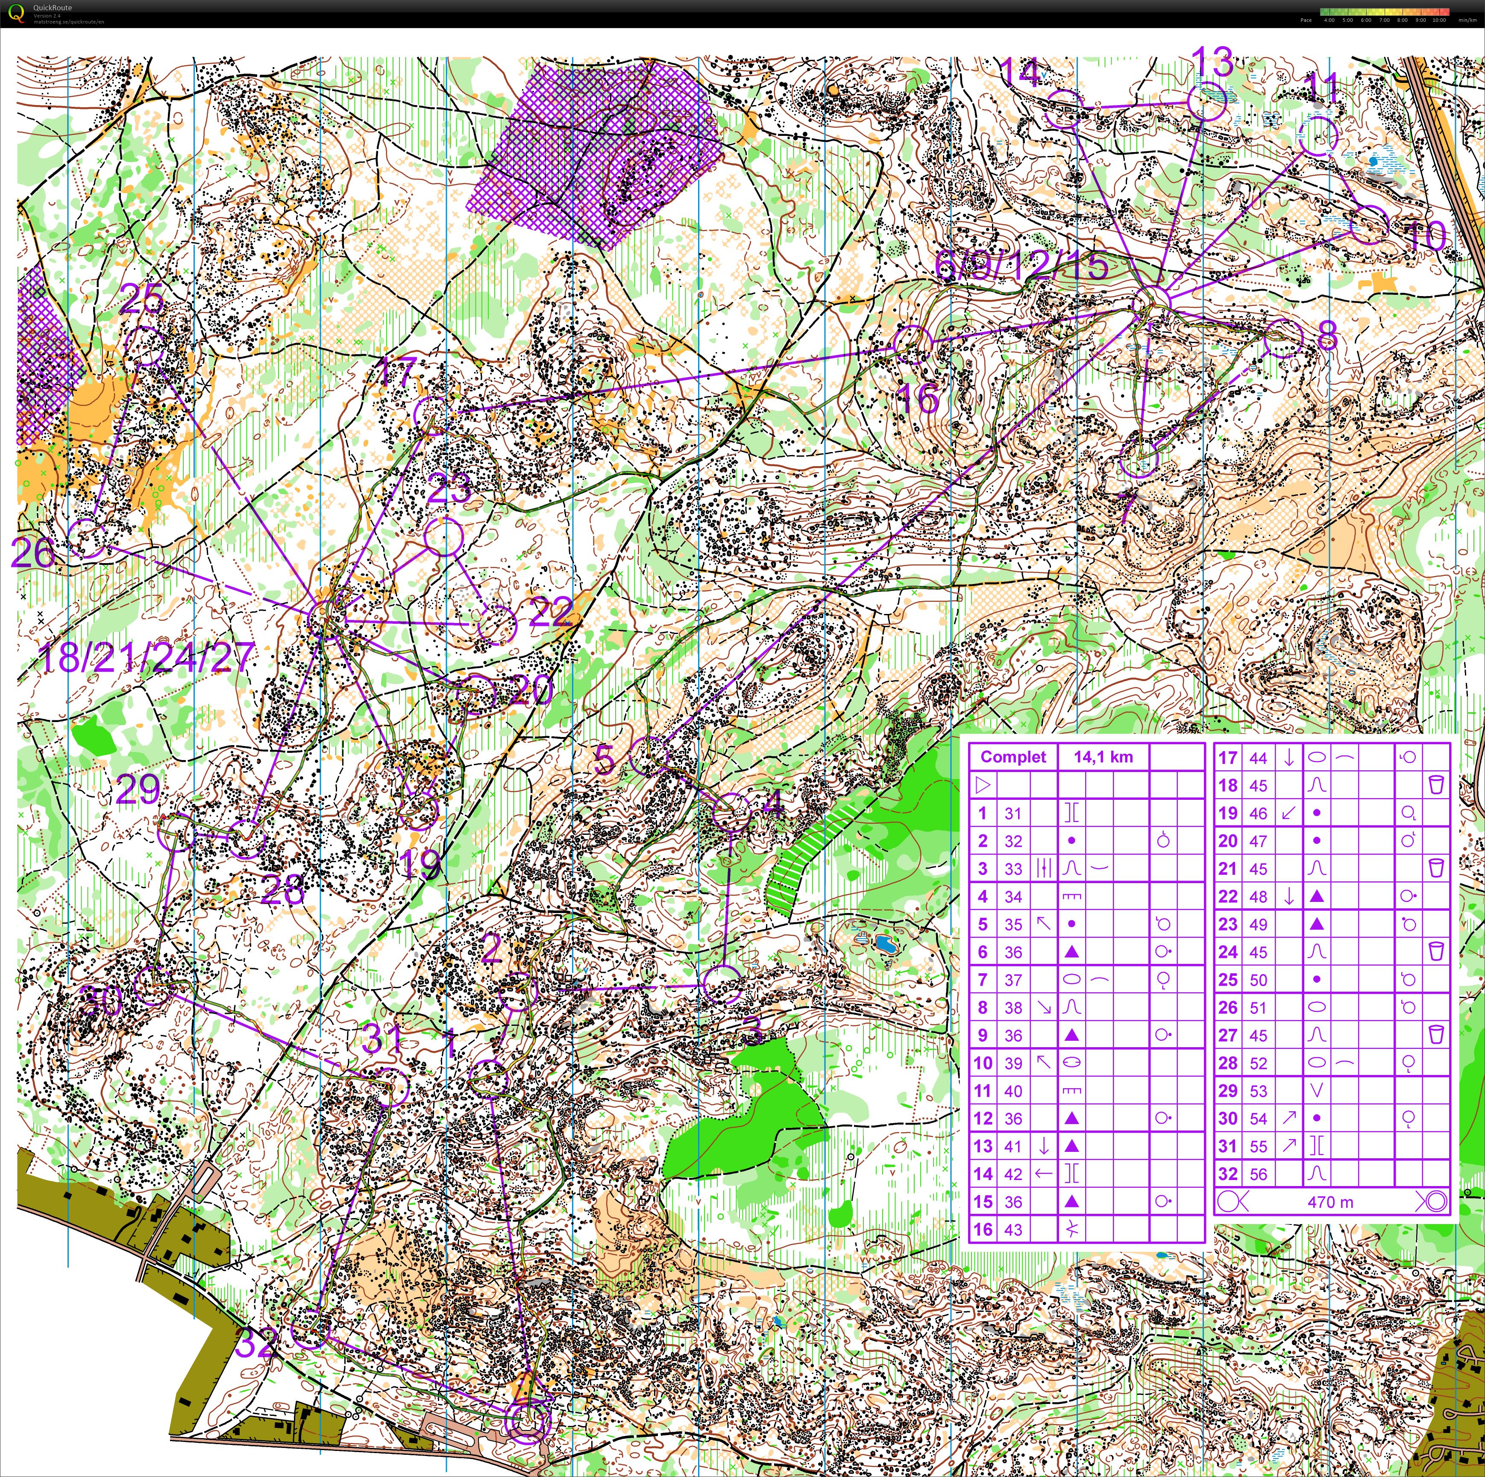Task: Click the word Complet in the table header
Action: tap(1012, 757)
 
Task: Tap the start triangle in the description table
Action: tap(982, 785)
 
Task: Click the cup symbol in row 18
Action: tap(1434, 785)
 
